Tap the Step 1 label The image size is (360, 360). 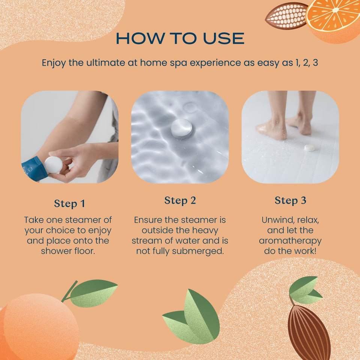[70, 204]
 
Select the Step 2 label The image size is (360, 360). [180, 200]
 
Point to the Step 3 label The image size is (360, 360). [290, 200]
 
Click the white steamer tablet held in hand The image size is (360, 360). [53, 165]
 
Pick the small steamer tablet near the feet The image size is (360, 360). [309, 148]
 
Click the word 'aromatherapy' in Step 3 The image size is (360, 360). [290, 241]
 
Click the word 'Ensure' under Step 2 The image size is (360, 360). [148, 220]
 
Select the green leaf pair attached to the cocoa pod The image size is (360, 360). [305, 290]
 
